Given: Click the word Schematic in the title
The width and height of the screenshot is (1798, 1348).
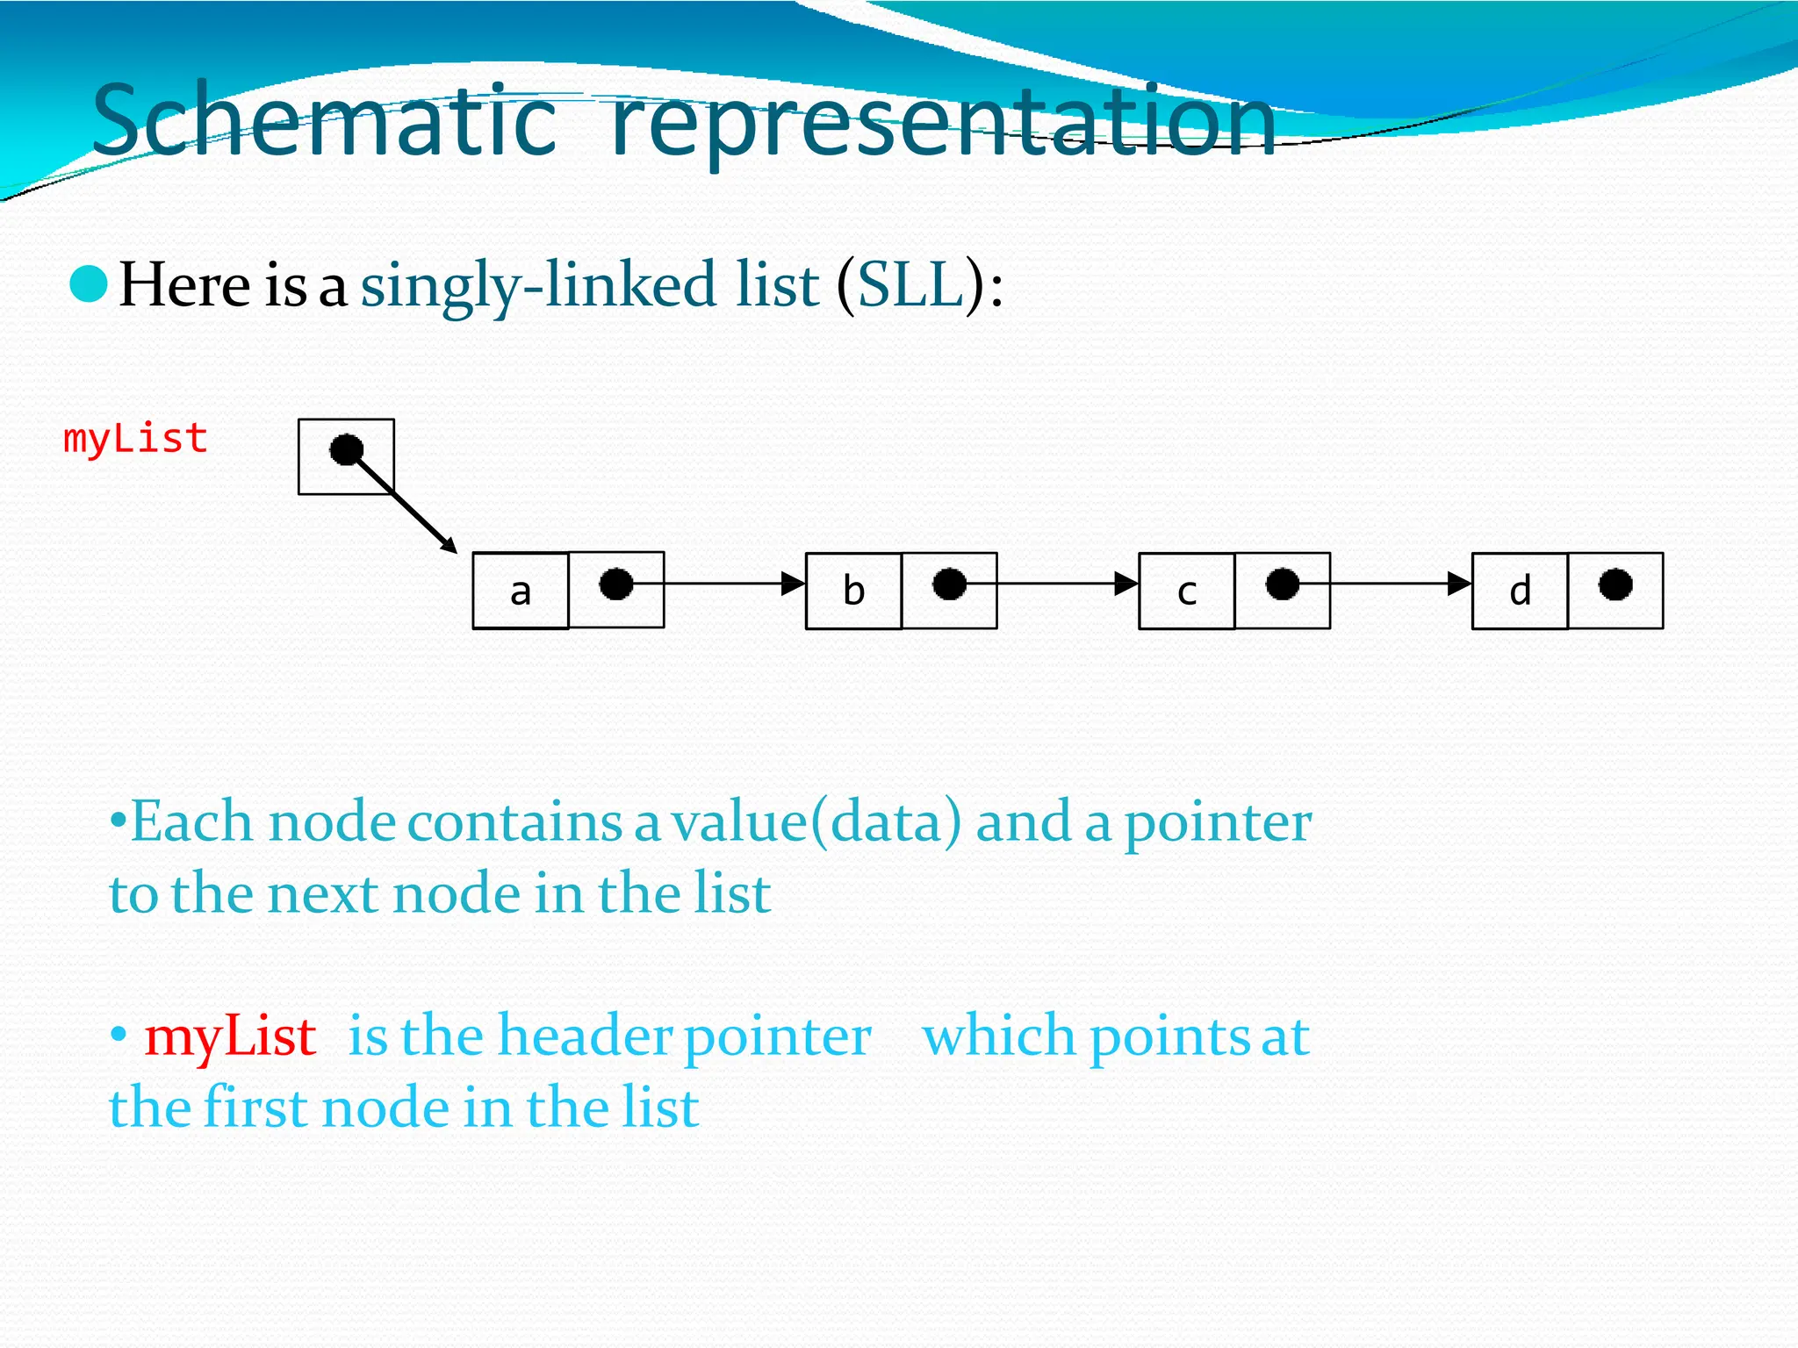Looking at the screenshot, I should click(x=324, y=120).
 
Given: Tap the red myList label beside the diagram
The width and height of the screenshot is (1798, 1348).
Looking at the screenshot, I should click(x=135, y=439).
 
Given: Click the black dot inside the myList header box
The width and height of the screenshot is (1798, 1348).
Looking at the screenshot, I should click(x=346, y=450).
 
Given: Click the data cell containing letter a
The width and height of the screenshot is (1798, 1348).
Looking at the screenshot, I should click(x=521, y=591).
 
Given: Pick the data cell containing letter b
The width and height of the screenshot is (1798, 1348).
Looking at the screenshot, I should click(x=853, y=591).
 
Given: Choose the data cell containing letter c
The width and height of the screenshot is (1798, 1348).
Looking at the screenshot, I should click(x=1186, y=591).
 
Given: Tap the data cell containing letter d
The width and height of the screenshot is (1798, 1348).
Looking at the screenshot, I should click(x=1520, y=591).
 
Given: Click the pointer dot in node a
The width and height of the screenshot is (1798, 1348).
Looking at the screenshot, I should click(x=615, y=584).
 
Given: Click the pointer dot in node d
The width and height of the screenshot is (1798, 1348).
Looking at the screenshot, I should click(x=1615, y=584).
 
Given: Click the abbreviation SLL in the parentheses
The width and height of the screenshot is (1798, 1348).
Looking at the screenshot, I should click(x=910, y=285).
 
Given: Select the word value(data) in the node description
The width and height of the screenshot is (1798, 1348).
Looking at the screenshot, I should click(x=816, y=822).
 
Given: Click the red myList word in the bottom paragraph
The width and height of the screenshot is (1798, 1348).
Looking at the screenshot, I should click(x=230, y=1036).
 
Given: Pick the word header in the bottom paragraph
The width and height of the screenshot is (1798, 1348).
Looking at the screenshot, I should click(x=586, y=1035).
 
